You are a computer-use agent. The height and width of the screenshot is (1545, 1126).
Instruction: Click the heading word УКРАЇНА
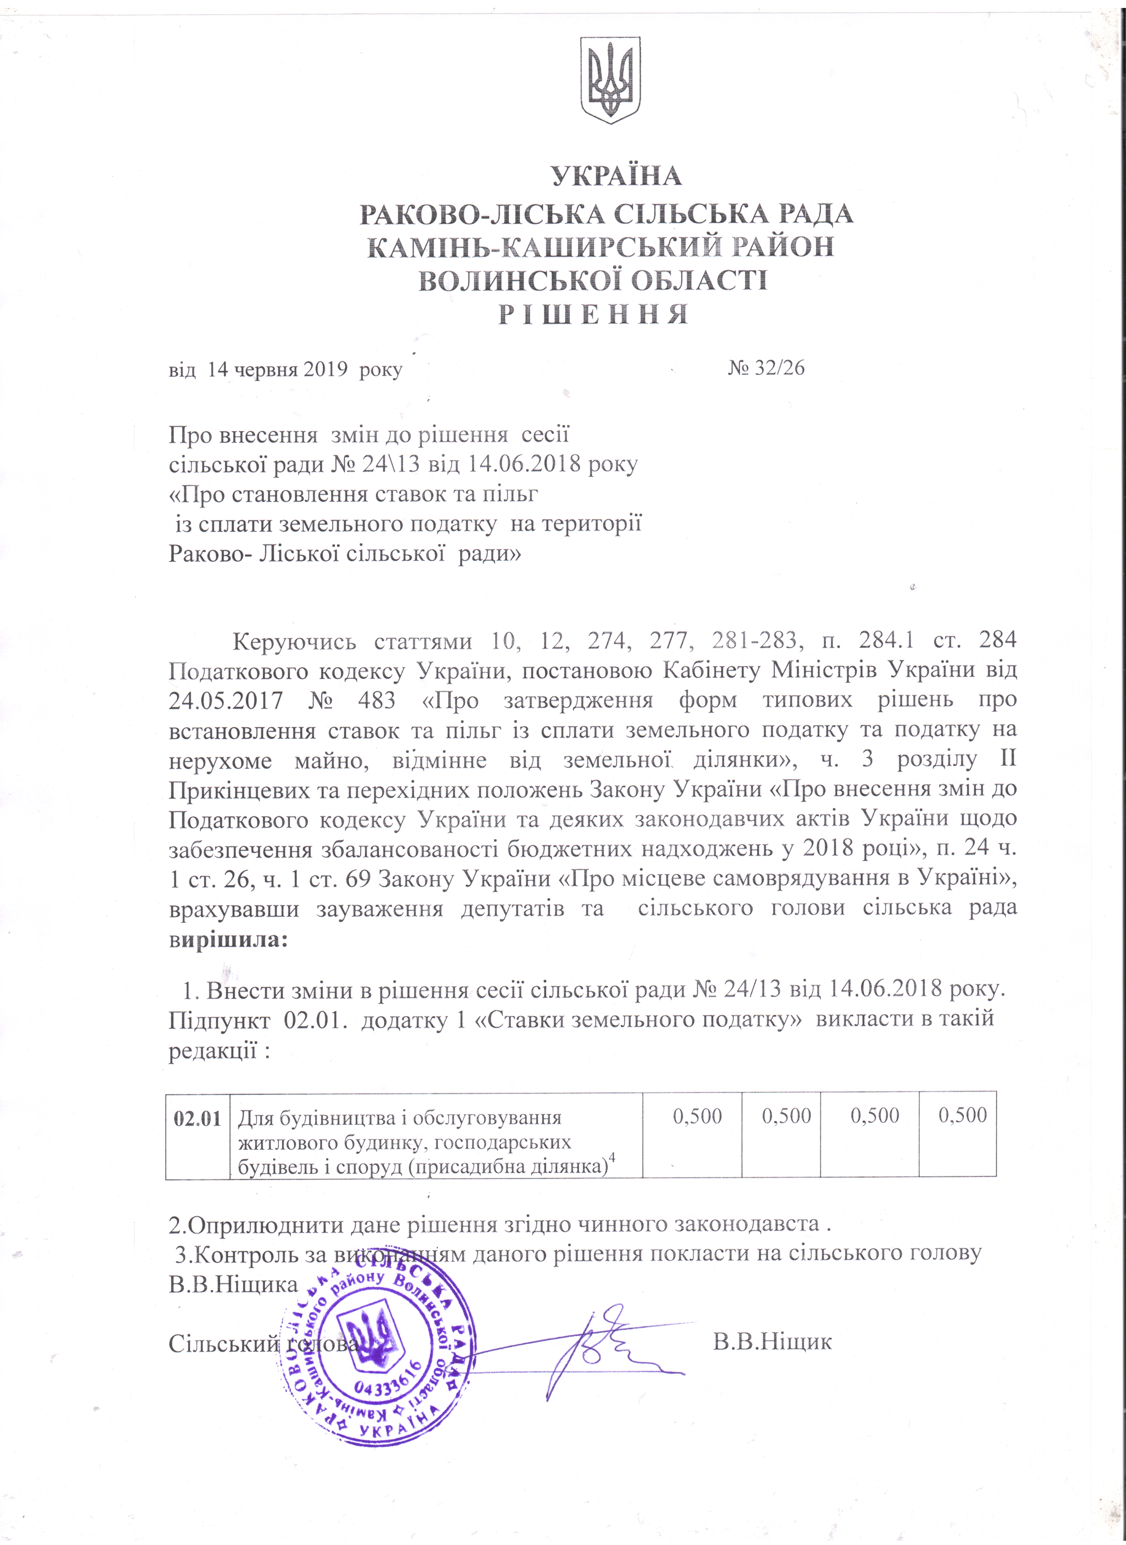pos(616,176)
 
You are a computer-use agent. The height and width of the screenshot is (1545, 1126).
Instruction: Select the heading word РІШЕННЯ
pos(593,314)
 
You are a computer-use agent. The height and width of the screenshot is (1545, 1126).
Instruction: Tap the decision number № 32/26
pos(766,368)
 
